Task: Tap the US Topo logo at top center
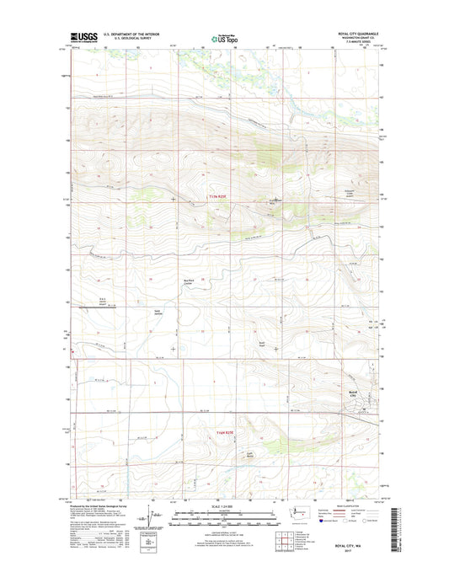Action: (221, 38)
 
